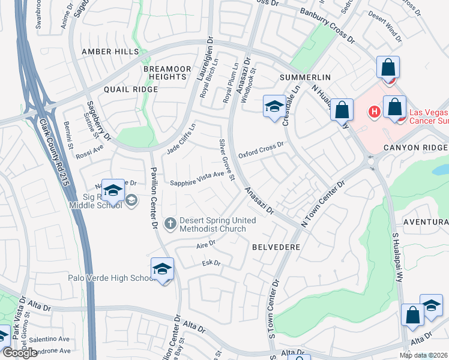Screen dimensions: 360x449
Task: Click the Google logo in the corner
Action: pos(19,353)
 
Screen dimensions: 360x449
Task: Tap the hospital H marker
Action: pos(374,112)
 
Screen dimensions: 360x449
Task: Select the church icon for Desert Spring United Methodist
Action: pos(170,224)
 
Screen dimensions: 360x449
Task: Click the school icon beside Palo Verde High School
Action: pos(162,269)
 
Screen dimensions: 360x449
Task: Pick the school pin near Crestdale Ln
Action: pos(274,107)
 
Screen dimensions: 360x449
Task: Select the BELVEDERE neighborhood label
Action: pos(276,247)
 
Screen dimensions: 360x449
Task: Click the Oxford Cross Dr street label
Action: pos(261,150)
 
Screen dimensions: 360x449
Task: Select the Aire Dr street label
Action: pos(205,243)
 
